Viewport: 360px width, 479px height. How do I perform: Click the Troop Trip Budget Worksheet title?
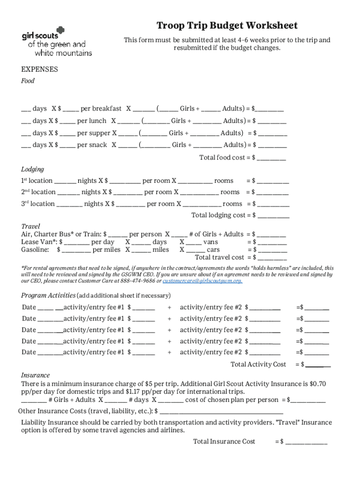tap(227, 25)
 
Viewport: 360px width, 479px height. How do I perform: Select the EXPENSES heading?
tap(40, 69)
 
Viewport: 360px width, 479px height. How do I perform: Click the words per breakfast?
tap(101, 109)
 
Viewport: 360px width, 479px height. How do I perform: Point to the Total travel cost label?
tap(219, 257)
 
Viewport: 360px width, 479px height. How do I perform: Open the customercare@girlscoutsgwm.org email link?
tap(202, 281)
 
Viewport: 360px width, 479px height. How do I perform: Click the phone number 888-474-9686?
tap(139, 281)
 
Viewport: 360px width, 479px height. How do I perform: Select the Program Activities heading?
tap(49, 296)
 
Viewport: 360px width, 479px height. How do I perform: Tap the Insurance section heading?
tap(36, 375)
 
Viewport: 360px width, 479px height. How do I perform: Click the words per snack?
tap(92, 145)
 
